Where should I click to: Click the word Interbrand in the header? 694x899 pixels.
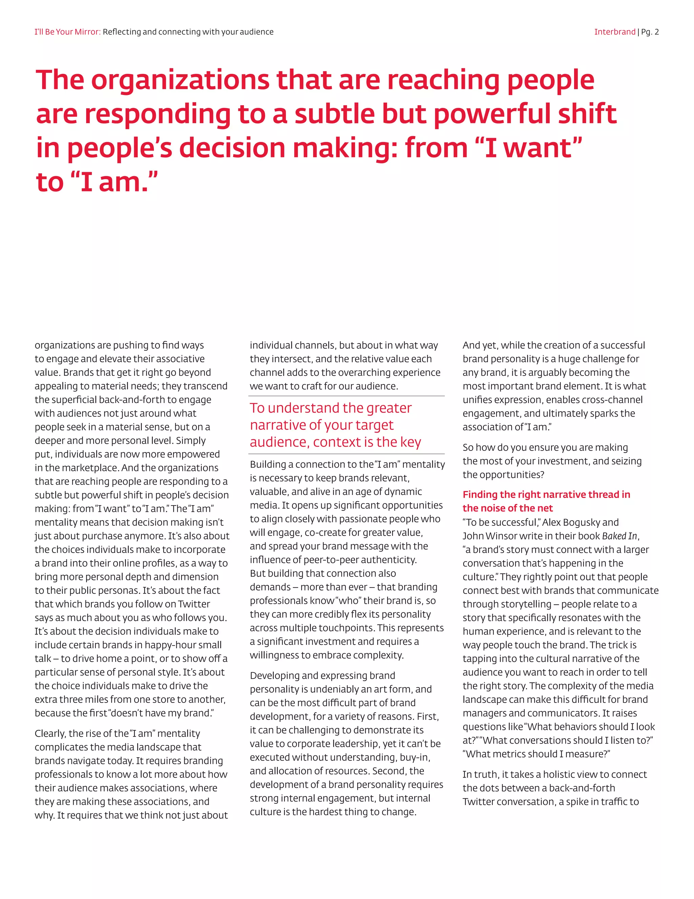tap(614, 32)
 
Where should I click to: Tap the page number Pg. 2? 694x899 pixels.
tap(650, 32)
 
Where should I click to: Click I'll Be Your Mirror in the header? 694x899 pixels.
tap(67, 32)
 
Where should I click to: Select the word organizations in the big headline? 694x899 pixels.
tap(180, 80)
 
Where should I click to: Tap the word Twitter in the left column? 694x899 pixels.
tap(193, 604)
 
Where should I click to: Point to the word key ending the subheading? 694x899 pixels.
tap(410, 442)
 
